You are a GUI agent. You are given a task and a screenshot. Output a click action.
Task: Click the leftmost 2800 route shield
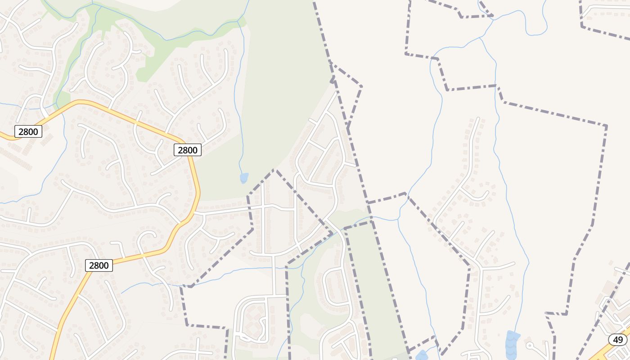point(28,131)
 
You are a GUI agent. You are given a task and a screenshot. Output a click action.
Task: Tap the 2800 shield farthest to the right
point(187,150)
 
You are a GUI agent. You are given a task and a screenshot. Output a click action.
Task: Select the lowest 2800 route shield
point(99,265)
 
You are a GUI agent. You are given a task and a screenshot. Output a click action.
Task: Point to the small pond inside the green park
point(244,178)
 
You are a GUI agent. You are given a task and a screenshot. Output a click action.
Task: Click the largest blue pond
point(512,344)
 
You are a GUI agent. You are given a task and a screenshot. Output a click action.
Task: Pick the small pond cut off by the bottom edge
point(422,356)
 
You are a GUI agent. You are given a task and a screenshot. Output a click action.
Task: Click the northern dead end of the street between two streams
point(478,119)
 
